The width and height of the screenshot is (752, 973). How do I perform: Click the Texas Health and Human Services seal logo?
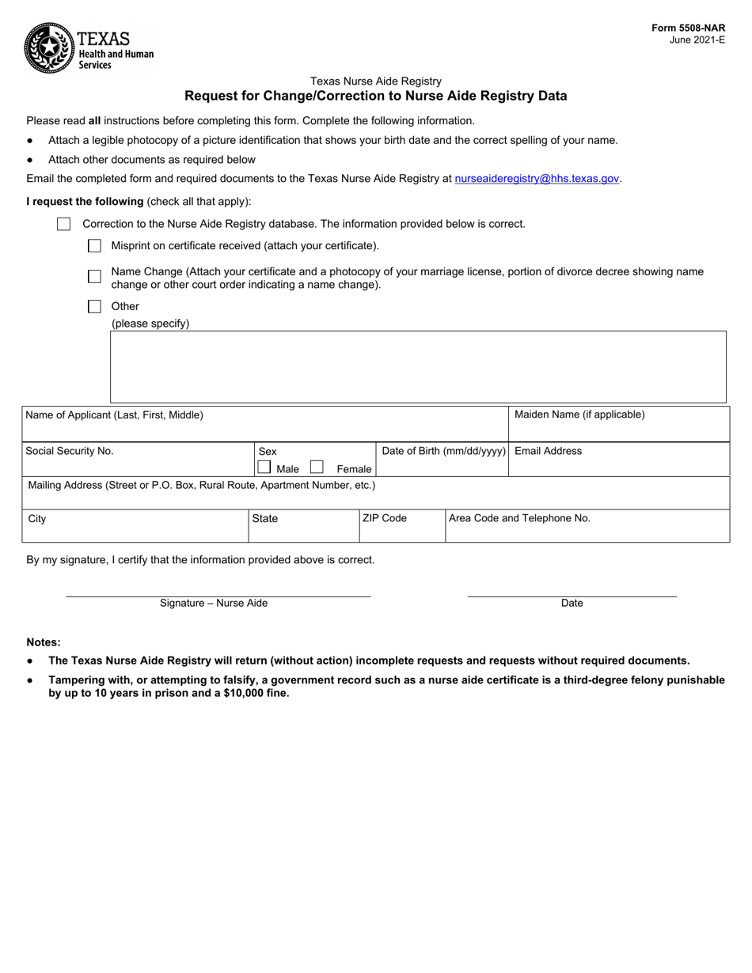click(x=49, y=47)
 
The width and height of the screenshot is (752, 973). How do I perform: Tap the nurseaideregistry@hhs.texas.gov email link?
click(x=537, y=180)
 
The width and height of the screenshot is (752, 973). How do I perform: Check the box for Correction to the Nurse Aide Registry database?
click(x=64, y=225)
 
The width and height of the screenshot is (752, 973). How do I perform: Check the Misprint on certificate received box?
click(x=94, y=246)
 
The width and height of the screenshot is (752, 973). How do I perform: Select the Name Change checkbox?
click(x=94, y=277)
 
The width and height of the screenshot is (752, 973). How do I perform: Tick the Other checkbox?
click(x=94, y=307)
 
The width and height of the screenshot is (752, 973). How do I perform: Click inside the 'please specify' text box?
click(x=417, y=367)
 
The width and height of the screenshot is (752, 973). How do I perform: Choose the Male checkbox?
click(x=264, y=468)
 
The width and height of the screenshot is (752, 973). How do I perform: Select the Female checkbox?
click(x=317, y=468)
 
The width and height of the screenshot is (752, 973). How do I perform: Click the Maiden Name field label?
click(x=579, y=415)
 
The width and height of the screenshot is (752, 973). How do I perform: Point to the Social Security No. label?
click(x=70, y=451)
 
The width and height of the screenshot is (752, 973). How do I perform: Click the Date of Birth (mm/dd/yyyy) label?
click(x=443, y=451)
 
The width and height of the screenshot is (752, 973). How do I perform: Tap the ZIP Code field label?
click(x=385, y=518)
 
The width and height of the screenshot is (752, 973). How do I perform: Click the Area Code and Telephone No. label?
click(x=519, y=518)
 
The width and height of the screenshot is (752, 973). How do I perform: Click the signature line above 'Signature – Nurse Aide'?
click(x=218, y=595)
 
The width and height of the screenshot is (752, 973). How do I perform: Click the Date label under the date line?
click(x=572, y=604)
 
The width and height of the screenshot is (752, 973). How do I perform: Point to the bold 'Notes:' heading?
click(x=44, y=642)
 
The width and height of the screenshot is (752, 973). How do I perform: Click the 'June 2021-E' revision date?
click(x=697, y=40)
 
